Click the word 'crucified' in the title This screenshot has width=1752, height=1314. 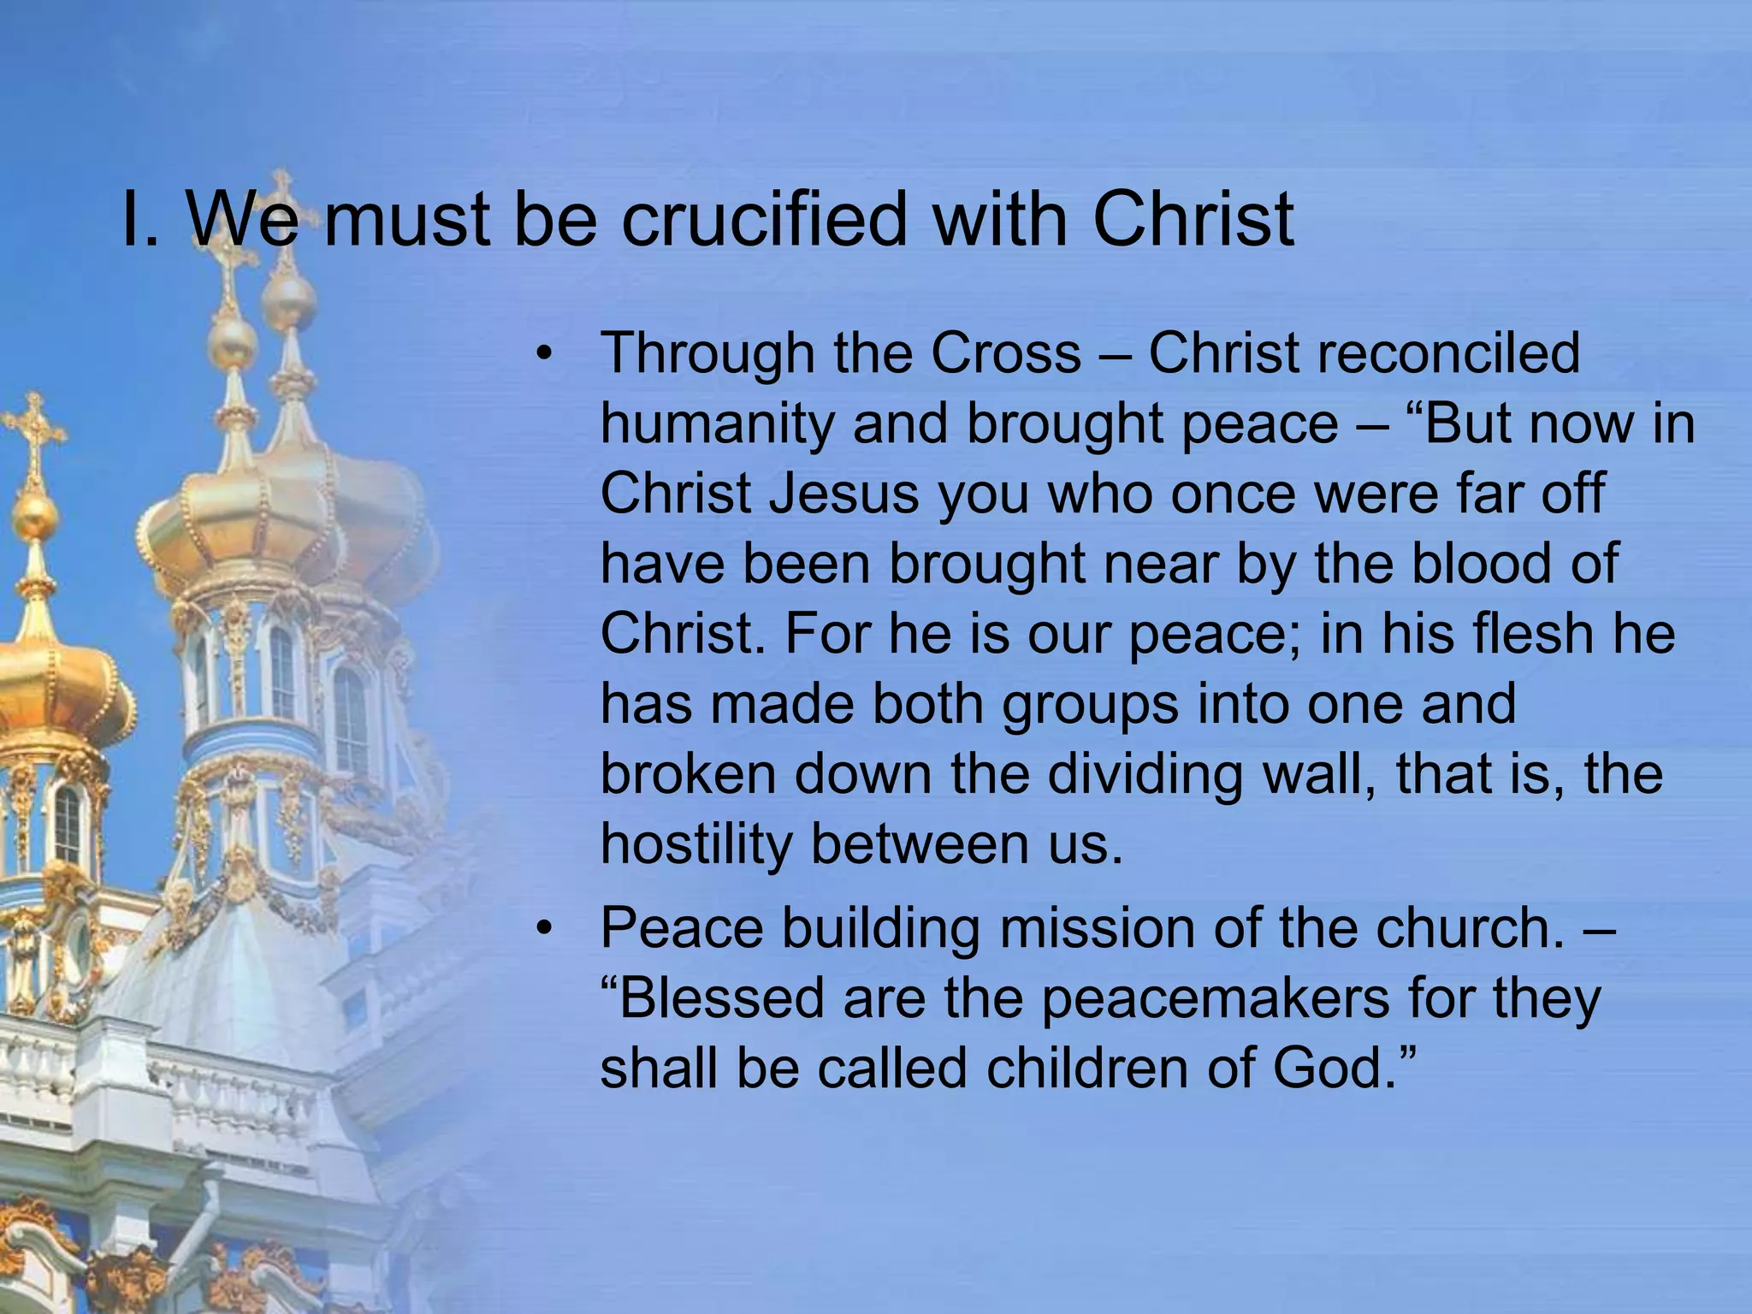tap(762, 219)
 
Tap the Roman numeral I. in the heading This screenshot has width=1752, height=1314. tap(139, 219)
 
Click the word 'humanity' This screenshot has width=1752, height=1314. tap(717, 424)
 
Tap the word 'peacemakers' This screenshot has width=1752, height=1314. tap(1216, 998)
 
